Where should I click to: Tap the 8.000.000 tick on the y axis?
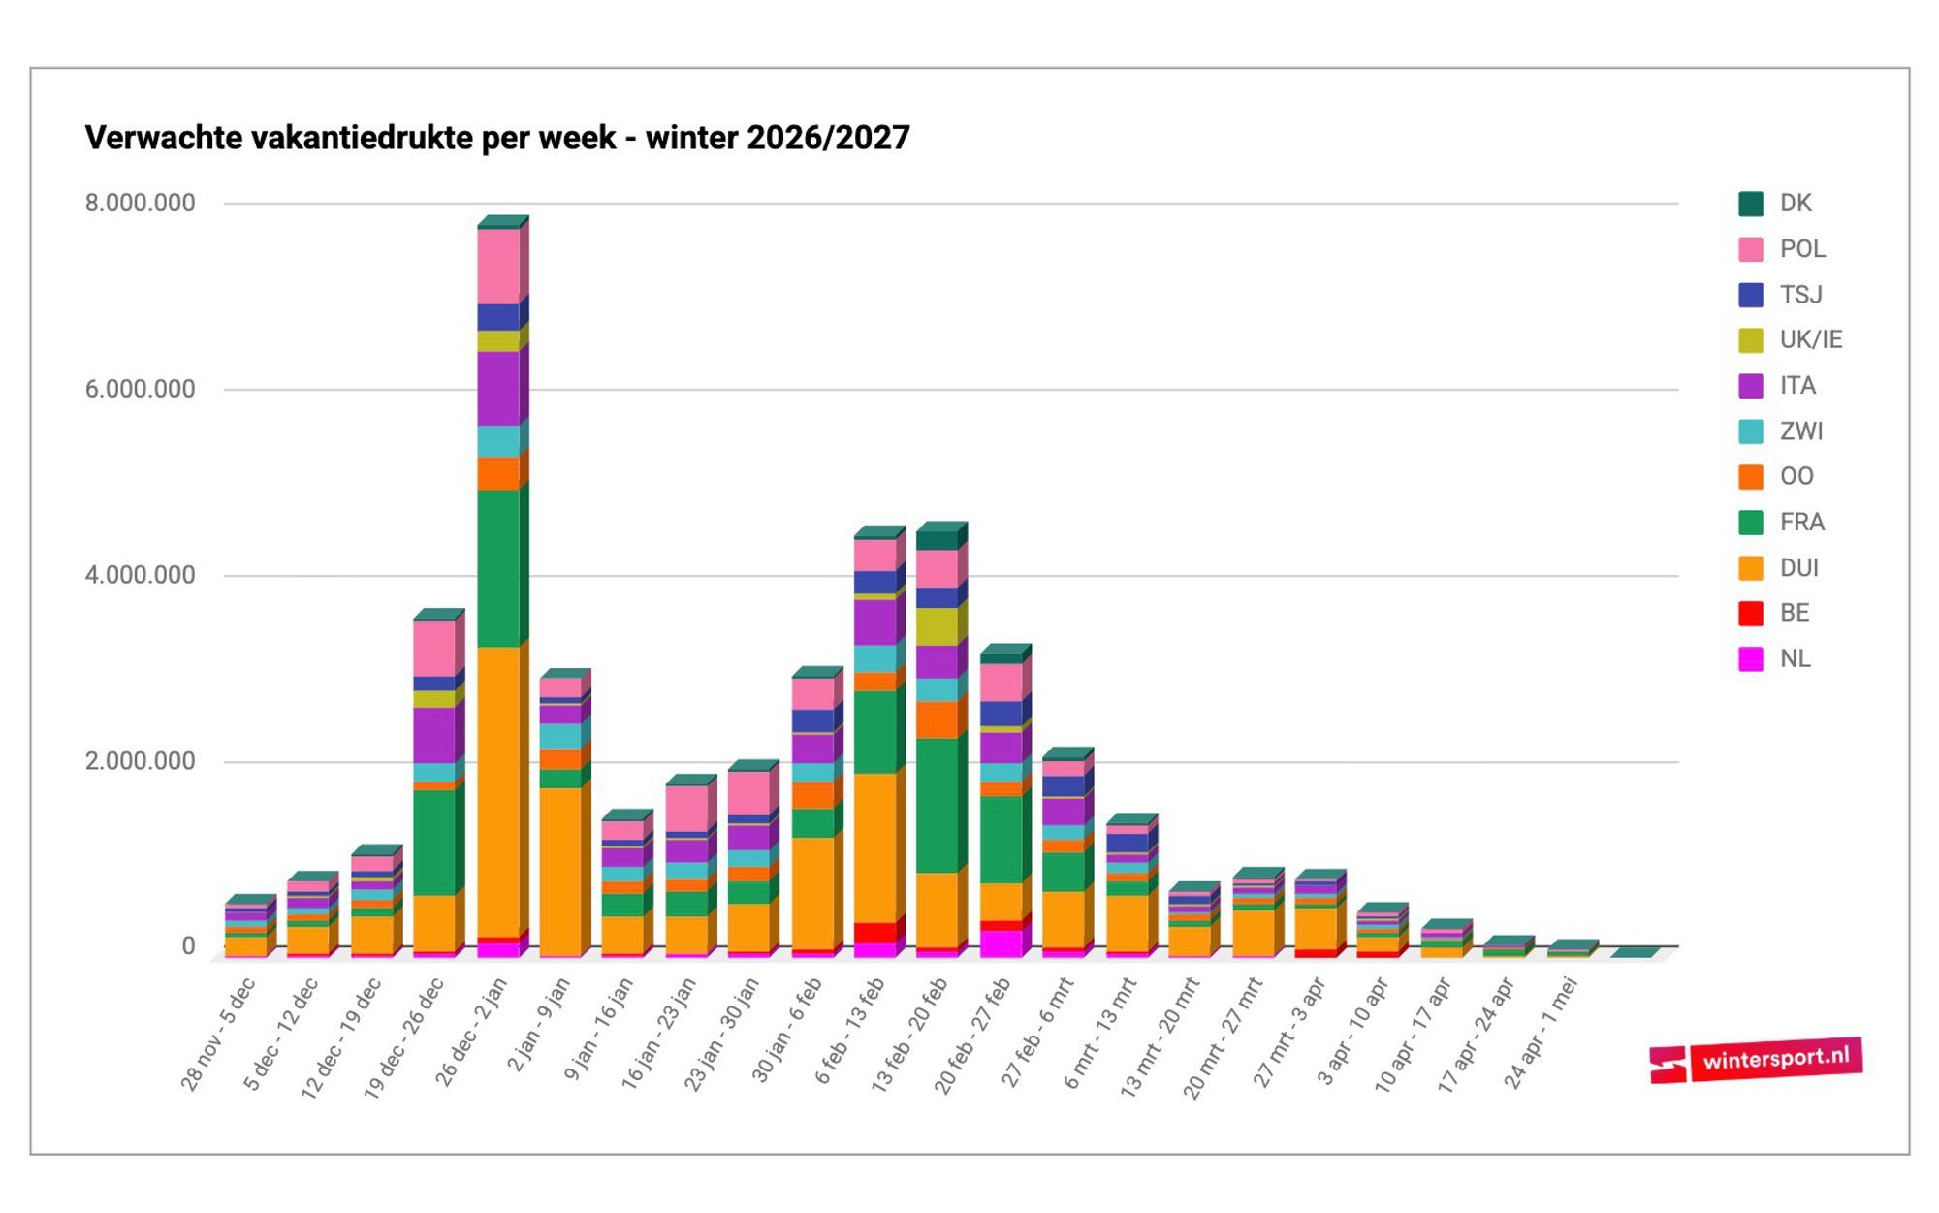pos(140,203)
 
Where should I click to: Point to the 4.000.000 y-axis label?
pos(140,575)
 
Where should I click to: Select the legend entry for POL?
pos(1801,249)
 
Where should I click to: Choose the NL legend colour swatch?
pos(1750,659)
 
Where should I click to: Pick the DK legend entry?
pos(1795,204)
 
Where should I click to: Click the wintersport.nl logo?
pos(1756,1061)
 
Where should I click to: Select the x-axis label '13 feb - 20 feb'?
pos(910,1036)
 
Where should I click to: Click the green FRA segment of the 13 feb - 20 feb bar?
pos(937,805)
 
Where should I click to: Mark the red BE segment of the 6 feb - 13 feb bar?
pos(874,932)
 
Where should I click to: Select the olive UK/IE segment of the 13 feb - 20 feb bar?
pos(937,626)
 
